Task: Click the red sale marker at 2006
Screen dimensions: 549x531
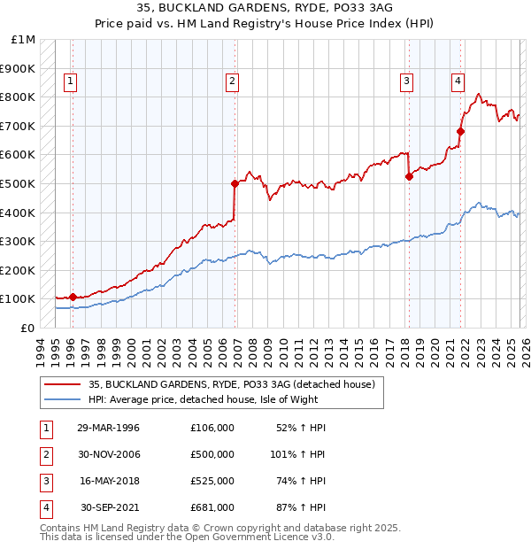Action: (x=235, y=184)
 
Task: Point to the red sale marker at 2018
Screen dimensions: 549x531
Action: (x=409, y=176)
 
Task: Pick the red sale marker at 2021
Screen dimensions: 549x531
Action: (x=460, y=132)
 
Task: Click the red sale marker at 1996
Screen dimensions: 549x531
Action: (x=73, y=298)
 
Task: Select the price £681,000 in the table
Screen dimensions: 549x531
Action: (x=212, y=507)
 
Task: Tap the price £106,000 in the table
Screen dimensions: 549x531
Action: (x=212, y=428)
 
